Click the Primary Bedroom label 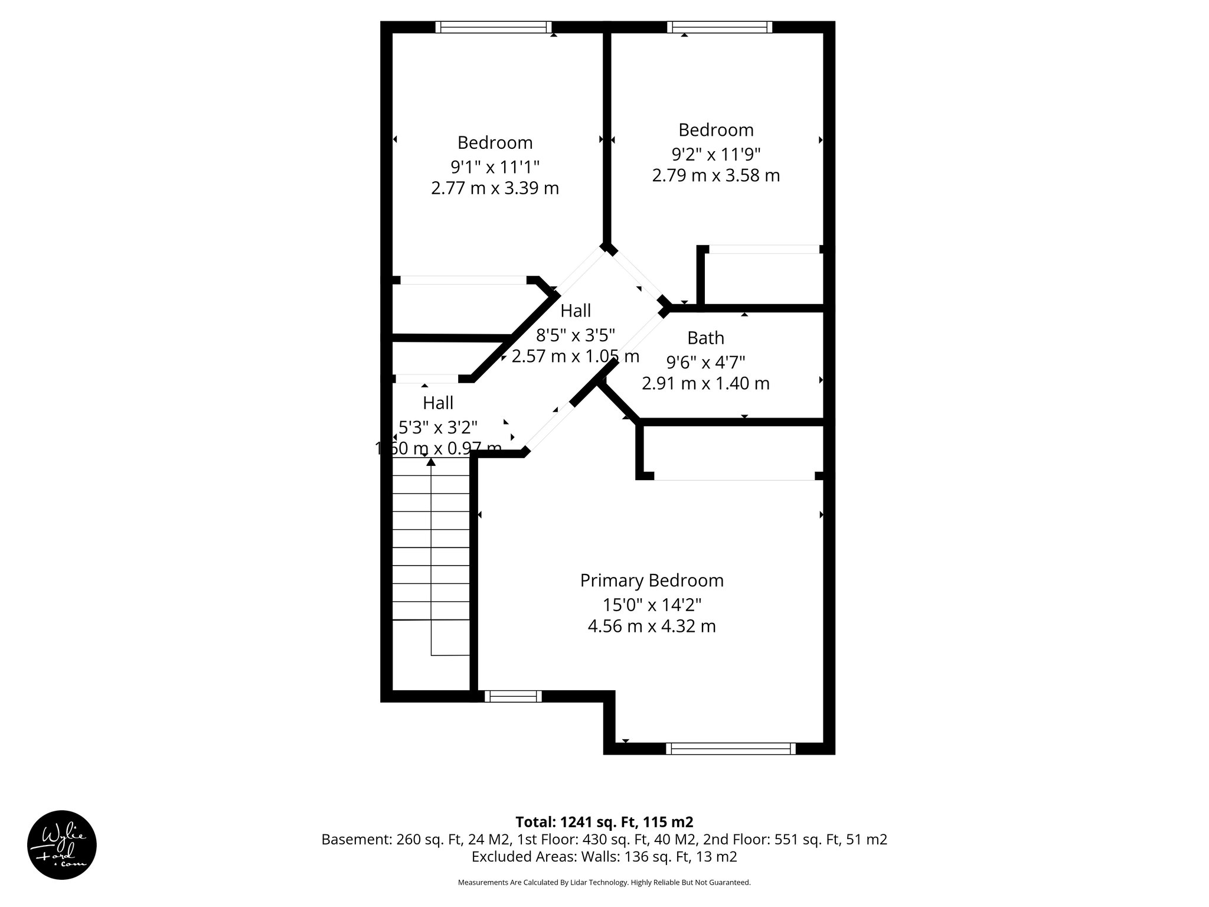[x=652, y=580]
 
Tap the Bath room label [x=705, y=338]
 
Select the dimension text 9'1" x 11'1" [x=495, y=166]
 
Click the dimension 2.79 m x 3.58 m [x=715, y=175]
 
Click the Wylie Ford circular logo [x=62, y=845]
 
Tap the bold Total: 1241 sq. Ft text [x=604, y=822]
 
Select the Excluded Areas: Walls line [x=604, y=856]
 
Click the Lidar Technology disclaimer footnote [x=604, y=882]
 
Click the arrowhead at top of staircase [x=432, y=462]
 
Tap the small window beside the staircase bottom [x=513, y=696]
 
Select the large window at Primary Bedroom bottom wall [x=731, y=749]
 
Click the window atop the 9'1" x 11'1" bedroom [x=494, y=27]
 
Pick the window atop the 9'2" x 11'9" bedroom [x=720, y=27]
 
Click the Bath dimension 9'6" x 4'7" [x=705, y=361]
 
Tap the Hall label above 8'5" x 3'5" [x=576, y=311]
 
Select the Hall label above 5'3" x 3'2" [x=438, y=403]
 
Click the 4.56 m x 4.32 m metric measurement [x=652, y=626]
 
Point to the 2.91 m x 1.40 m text [x=705, y=383]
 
